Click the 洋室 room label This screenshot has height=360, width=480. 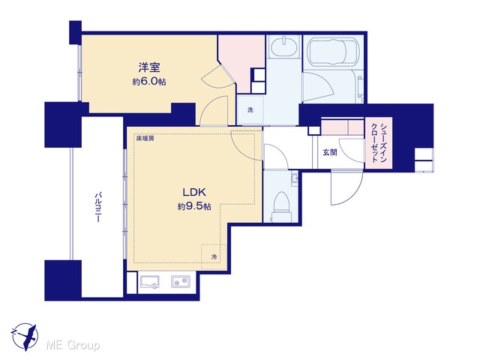(x=149, y=67)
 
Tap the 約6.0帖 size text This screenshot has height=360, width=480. (x=149, y=82)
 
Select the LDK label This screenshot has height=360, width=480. (x=194, y=192)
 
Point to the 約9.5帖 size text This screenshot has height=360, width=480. (x=194, y=206)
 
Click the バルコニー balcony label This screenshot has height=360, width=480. (x=98, y=207)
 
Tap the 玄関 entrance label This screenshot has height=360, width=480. (x=330, y=152)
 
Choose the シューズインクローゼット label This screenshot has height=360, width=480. (x=379, y=142)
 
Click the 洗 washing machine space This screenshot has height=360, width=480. (x=250, y=110)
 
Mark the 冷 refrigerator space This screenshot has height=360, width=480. (x=214, y=256)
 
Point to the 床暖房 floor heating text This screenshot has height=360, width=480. (x=145, y=138)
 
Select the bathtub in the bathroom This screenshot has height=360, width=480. (x=333, y=52)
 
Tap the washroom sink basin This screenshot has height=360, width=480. (x=283, y=46)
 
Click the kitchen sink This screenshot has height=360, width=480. (x=150, y=282)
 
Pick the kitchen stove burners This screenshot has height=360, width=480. (x=181, y=281)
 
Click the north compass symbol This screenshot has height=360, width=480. (x=25, y=337)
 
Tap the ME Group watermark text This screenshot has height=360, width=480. (x=73, y=346)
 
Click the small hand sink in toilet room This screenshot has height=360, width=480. (x=295, y=178)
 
